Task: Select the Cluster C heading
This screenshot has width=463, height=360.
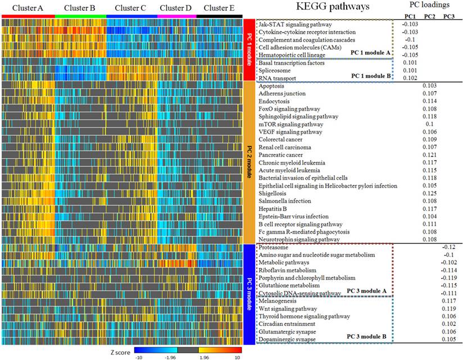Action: pyautogui.click(x=126, y=8)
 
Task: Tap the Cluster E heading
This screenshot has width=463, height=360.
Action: pyautogui.click(x=220, y=8)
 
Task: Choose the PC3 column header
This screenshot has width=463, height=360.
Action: pyautogui.click(x=449, y=16)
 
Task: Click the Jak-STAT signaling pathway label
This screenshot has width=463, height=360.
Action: pyautogui.click(x=295, y=25)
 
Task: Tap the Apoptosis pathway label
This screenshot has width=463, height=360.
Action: pyautogui.click(x=273, y=86)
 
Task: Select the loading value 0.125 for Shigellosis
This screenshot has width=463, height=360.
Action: pyautogui.click(x=430, y=193)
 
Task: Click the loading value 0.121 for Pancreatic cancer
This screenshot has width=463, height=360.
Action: pyautogui.click(x=430, y=154)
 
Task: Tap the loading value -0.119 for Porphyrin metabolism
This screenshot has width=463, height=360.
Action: pyautogui.click(x=448, y=277)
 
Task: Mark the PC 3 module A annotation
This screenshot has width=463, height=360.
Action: pyautogui.click(x=369, y=290)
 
